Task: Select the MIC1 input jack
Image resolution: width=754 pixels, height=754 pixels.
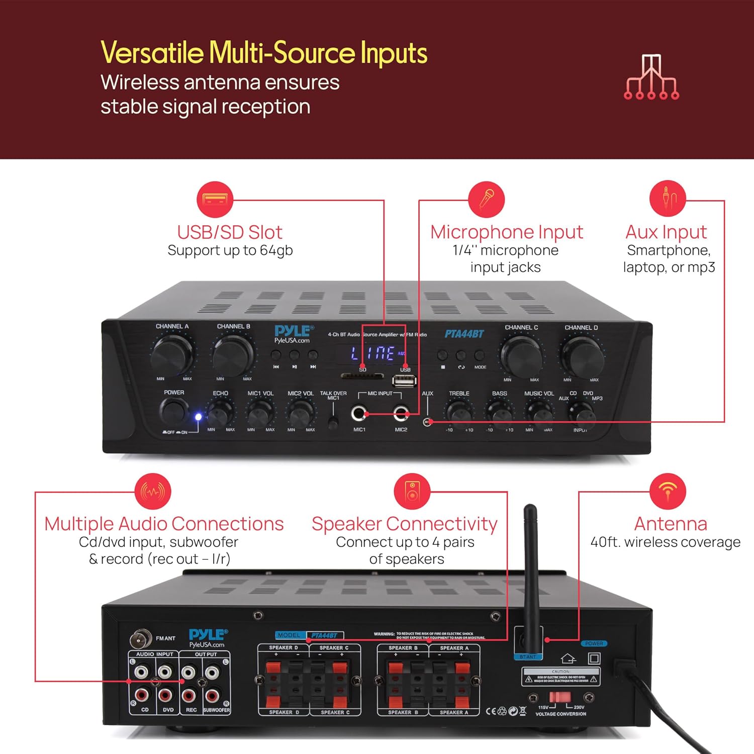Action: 358,414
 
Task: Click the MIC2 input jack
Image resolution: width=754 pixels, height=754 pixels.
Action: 401,414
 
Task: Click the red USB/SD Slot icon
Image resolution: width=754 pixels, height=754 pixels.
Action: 215,200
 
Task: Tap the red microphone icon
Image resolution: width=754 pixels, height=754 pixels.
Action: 486,200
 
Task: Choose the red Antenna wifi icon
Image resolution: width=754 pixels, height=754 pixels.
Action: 668,491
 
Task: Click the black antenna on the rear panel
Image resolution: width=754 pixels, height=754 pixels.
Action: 530,568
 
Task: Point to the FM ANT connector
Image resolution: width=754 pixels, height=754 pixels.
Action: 140,639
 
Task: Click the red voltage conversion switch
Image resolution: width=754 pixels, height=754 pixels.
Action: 559,697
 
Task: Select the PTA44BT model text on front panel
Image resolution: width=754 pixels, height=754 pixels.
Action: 464,334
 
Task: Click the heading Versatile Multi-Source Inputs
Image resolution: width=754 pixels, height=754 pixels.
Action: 264,53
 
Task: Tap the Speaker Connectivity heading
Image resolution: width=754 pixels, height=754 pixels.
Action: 404,524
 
